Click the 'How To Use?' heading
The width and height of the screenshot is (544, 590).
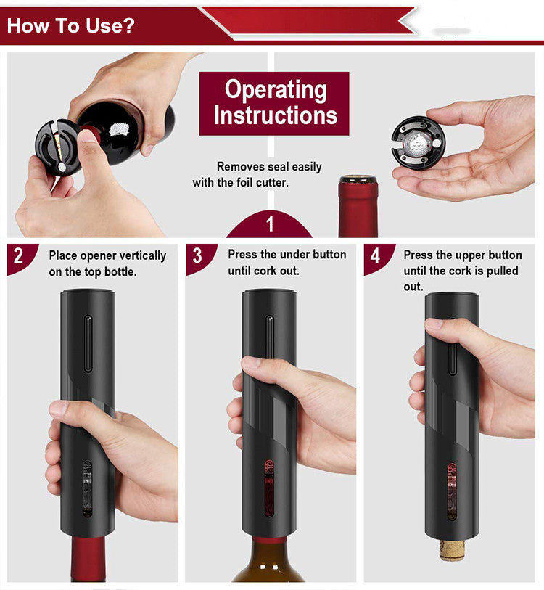(x=70, y=26)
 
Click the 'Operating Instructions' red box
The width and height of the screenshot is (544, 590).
(x=274, y=103)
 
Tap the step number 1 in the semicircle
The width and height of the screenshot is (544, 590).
(x=270, y=224)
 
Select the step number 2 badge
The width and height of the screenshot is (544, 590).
(x=18, y=255)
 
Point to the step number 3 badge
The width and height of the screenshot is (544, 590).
(x=197, y=255)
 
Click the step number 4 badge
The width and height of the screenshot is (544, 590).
(x=375, y=255)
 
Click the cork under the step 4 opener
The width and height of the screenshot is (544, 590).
(x=451, y=549)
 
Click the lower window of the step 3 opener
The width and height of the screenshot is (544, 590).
(x=268, y=486)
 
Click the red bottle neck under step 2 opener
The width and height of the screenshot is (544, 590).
(x=87, y=555)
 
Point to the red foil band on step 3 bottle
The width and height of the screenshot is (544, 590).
(x=269, y=541)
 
